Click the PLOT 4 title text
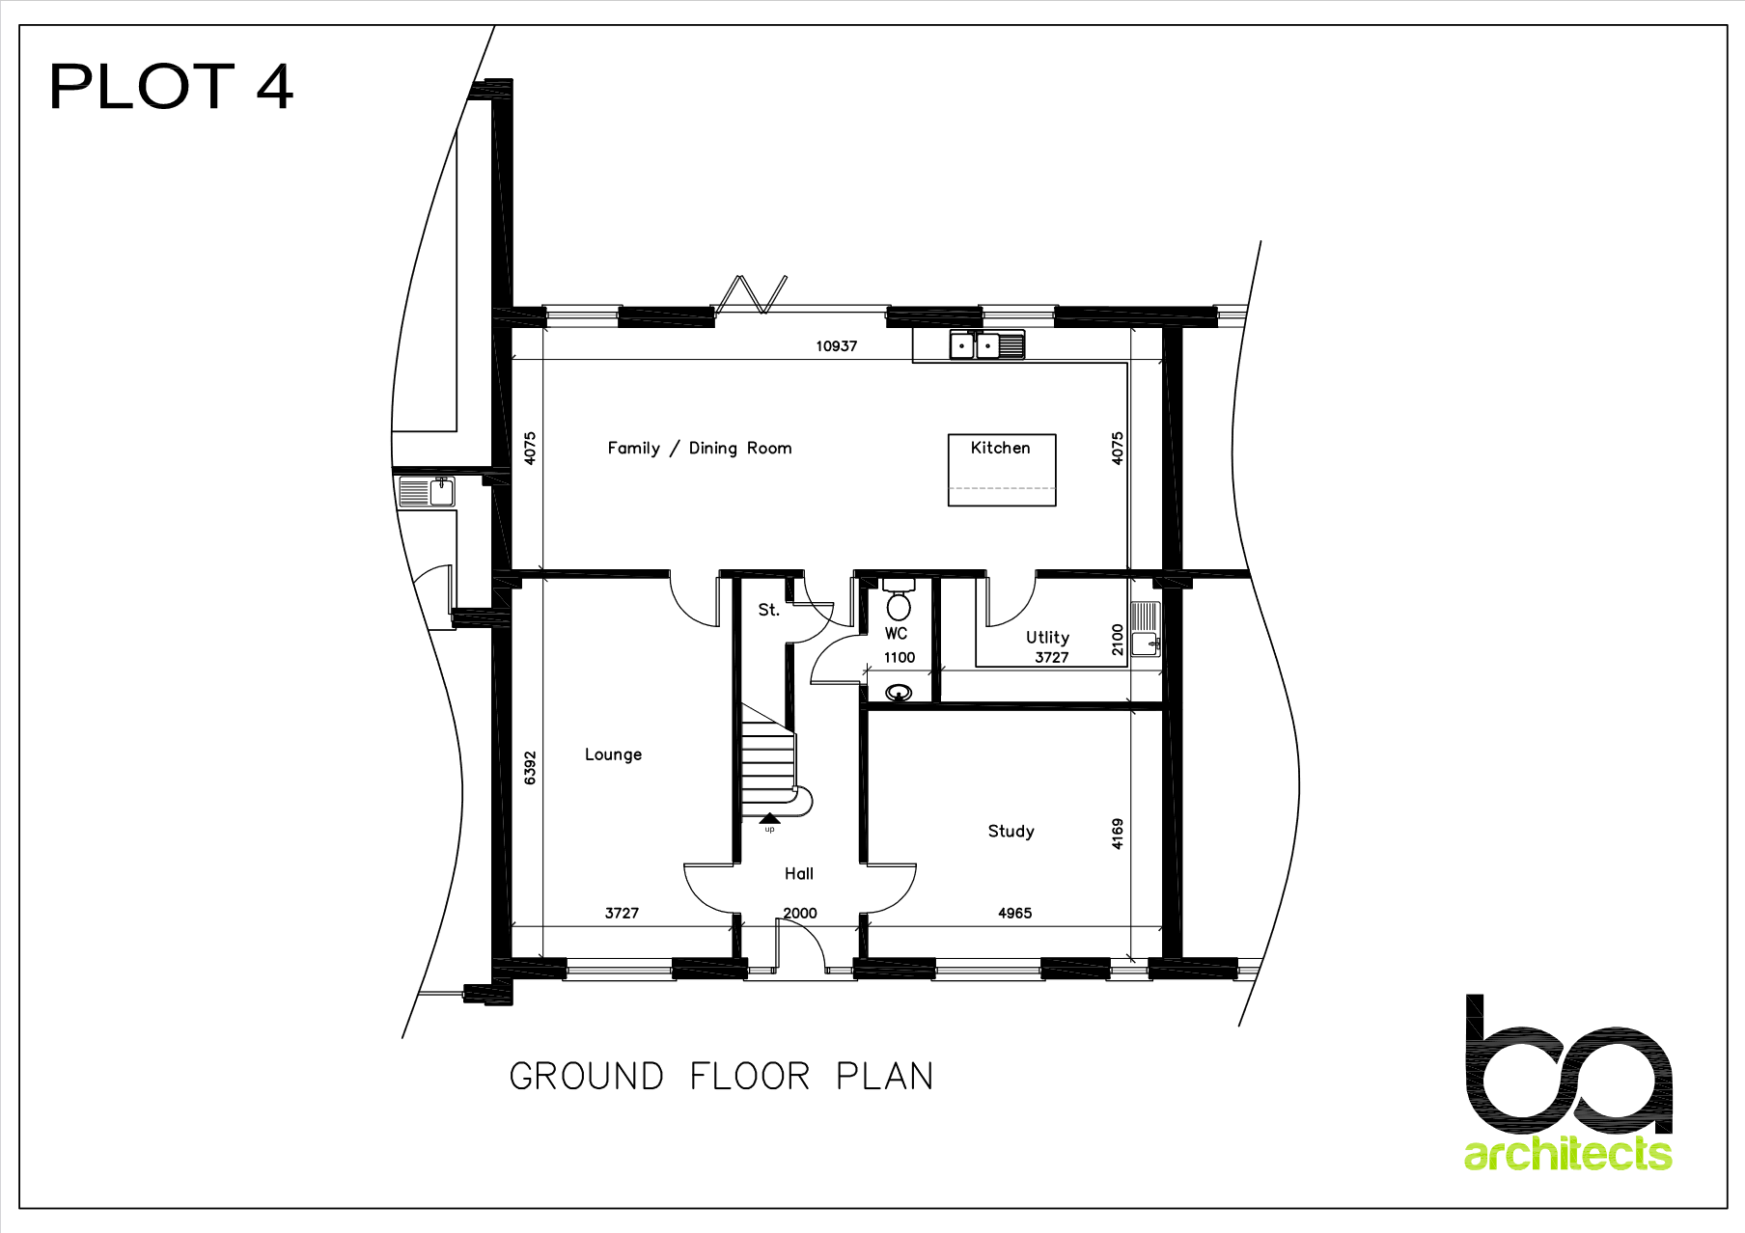(x=171, y=87)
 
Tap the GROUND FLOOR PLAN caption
(x=721, y=1076)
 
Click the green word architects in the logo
(x=1567, y=1154)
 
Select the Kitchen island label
(x=1001, y=448)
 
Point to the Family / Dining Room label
(x=700, y=448)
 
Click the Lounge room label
(x=613, y=754)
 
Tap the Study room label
(x=1011, y=831)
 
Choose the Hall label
(x=799, y=873)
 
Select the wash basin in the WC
(x=899, y=693)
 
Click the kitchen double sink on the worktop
(x=987, y=344)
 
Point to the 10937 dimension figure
(x=836, y=346)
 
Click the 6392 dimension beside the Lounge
(x=530, y=768)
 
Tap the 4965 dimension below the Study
(x=1014, y=913)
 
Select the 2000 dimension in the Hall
(x=800, y=913)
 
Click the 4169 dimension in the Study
(x=1118, y=834)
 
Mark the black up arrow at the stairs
(x=769, y=818)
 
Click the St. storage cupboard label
(x=768, y=610)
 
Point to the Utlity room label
(x=1047, y=637)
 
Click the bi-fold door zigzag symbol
(x=750, y=294)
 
